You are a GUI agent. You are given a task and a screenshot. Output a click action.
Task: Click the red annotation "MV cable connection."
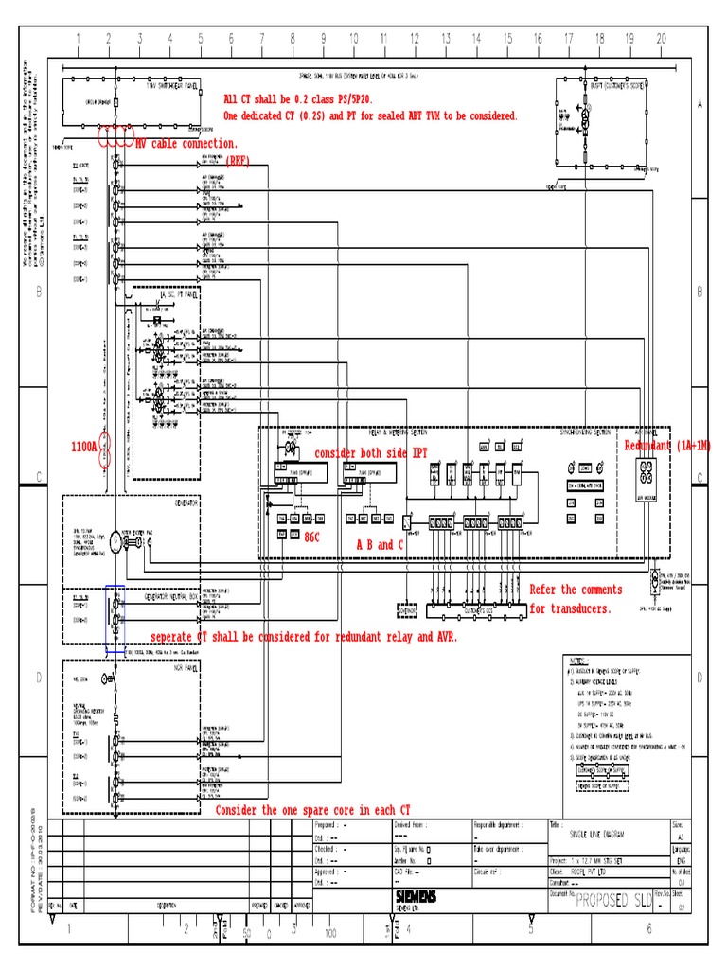pyautogui.click(x=186, y=144)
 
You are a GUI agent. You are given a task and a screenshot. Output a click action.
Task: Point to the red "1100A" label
pyautogui.click(x=84, y=446)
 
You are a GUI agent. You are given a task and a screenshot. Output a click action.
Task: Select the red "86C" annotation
pyautogui.click(x=311, y=537)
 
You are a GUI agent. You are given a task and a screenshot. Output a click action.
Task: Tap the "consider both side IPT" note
pyautogui.click(x=371, y=453)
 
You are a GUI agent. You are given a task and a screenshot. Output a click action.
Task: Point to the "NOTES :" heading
pyautogui.click(x=579, y=661)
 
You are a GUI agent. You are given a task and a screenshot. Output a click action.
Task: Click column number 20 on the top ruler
pyautogui.click(x=661, y=39)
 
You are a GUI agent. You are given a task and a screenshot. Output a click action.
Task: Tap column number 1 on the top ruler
pyautogui.click(x=78, y=39)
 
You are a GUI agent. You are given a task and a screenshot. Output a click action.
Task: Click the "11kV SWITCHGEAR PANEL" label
pyautogui.click(x=172, y=85)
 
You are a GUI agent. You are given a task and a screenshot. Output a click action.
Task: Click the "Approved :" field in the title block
pyautogui.click(x=328, y=872)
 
